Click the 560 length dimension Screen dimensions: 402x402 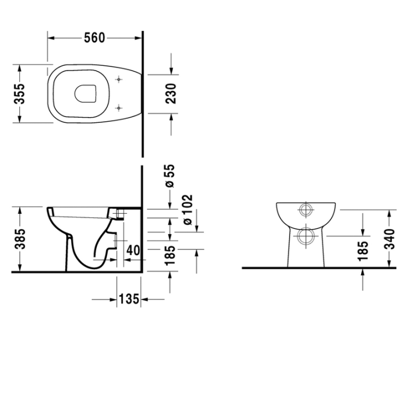click(94, 38)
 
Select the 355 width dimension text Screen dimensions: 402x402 click(20, 94)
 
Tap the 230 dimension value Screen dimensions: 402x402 click(171, 94)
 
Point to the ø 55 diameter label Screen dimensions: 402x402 click(170, 175)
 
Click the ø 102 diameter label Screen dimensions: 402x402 click(188, 210)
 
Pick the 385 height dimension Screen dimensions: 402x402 click(20, 239)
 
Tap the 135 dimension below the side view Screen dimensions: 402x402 click(129, 299)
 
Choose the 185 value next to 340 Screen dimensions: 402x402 click(363, 251)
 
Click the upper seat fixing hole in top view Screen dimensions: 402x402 click(119, 79)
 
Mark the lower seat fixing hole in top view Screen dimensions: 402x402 click(119, 107)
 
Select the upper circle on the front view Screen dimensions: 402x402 click(306, 210)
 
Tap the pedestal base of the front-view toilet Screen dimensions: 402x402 click(306, 256)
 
